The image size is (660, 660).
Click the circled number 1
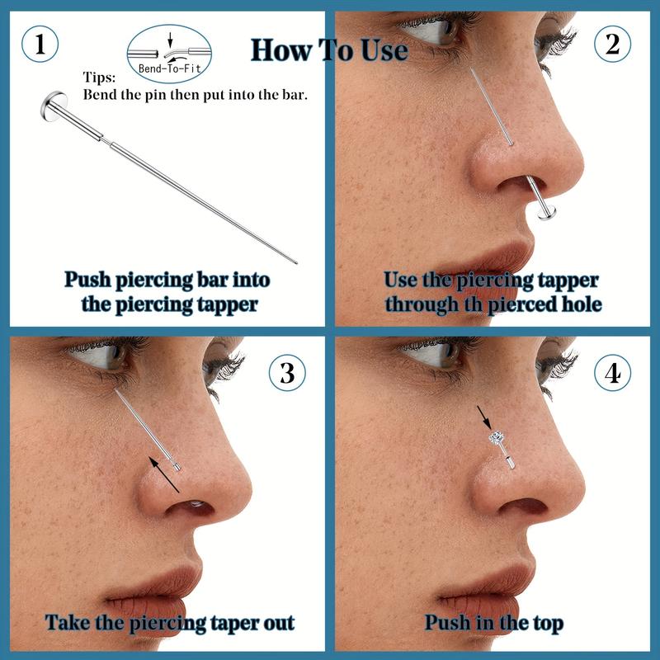[x=40, y=44]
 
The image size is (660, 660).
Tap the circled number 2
[x=612, y=44]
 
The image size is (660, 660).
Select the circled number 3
[x=287, y=373]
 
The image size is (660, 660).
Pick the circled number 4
[x=612, y=373]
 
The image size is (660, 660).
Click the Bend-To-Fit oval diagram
[x=169, y=54]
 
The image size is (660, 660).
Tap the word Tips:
[x=99, y=78]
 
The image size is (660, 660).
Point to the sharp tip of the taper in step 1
[x=296, y=263]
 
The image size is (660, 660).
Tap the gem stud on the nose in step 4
[x=497, y=437]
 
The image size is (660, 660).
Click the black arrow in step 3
[x=164, y=474]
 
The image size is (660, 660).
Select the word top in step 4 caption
[x=549, y=624]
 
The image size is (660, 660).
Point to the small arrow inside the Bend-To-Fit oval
[x=170, y=40]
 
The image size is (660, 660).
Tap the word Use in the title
[x=384, y=50]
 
